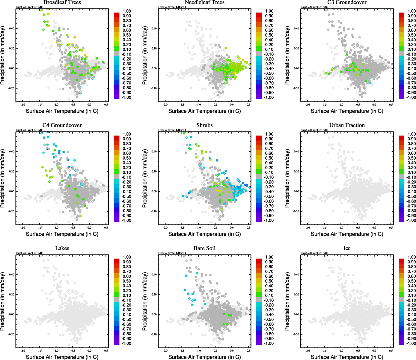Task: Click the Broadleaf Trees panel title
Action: (62, 2)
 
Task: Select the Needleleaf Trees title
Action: (204, 2)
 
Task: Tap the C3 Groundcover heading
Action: (347, 2)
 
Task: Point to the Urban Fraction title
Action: (347, 125)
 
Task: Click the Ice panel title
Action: (347, 248)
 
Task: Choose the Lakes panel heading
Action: (62, 248)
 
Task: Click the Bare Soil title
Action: (204, 248)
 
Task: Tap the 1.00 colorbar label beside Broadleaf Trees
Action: (127, 11)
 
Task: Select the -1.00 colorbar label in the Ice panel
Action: (411, 343)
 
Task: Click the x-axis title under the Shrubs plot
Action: (204, 234)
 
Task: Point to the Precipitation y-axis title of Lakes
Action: (3, 301)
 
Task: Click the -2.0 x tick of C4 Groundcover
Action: (23, 228)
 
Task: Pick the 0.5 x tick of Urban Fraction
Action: (391, 228)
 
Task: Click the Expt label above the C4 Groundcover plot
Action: (29, 130)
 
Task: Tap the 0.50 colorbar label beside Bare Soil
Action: (269, 281)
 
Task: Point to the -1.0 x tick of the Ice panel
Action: (341, 351)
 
